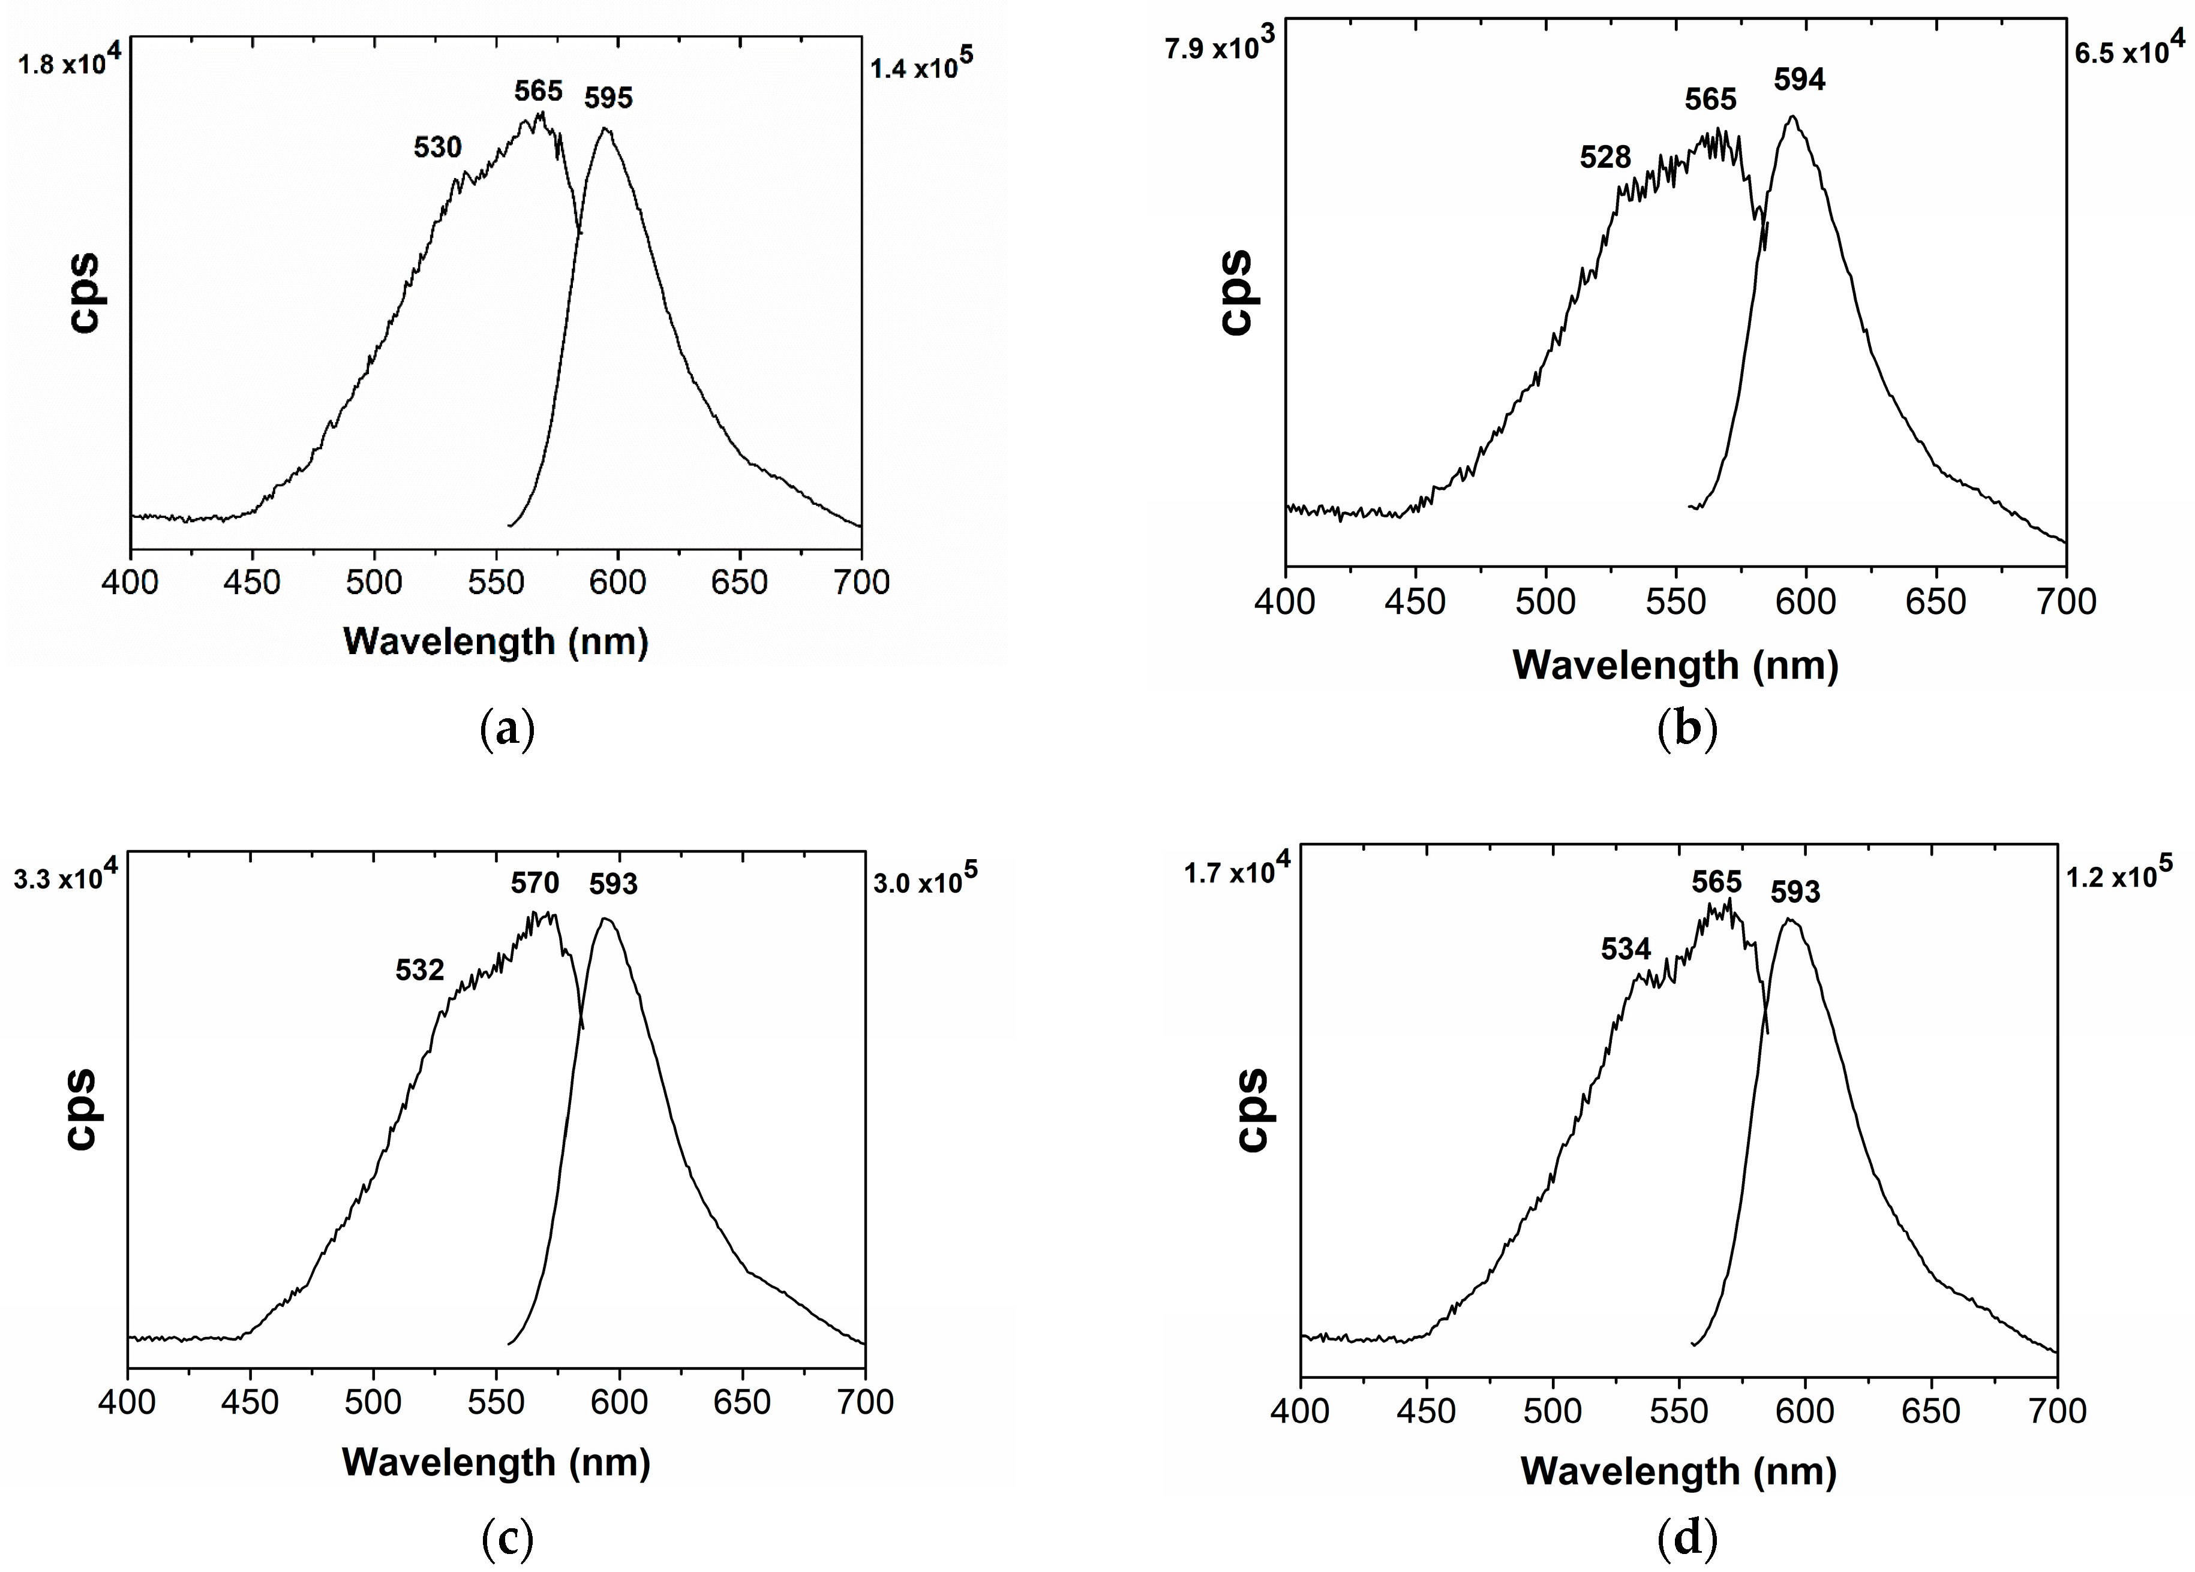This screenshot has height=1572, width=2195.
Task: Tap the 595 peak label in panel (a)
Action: click(x=608, y=98)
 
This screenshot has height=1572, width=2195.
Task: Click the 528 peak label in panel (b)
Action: click(x=1605, y=156)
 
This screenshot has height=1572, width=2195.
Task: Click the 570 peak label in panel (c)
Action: click(x=535, y=883)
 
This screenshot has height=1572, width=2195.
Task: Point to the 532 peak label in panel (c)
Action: click(x=419, y=969)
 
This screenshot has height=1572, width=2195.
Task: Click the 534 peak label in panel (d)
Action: click(x=1625, y=949)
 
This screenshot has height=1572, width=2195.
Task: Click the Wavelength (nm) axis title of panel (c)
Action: click(x=496, y=1462)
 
